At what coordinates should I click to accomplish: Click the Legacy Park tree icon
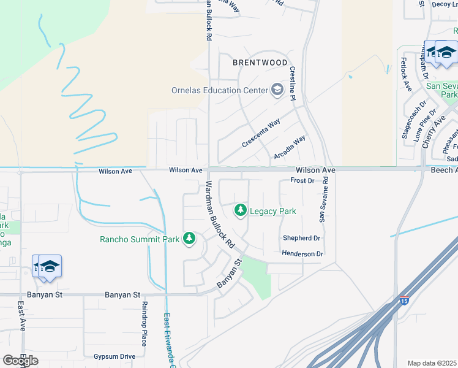(241, 211)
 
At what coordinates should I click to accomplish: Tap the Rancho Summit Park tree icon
(189, 238)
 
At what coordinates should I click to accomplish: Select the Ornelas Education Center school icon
(277, 91)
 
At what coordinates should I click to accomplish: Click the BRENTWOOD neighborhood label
(260, 63)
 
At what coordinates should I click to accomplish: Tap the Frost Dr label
(302, 181)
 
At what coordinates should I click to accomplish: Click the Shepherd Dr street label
(301, 238)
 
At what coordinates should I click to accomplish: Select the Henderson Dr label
(302, 253)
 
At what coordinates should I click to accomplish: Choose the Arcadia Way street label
(289, 148)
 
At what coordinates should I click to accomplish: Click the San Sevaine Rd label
(325, 199)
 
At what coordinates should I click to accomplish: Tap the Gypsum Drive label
(114, 356)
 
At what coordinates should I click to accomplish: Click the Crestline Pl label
(293, 84)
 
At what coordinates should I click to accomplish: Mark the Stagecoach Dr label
(412, 120)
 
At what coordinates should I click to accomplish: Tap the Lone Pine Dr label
(426, 126)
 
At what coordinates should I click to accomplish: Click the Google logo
(20, 361)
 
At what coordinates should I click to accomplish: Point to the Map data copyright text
(432, 363)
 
